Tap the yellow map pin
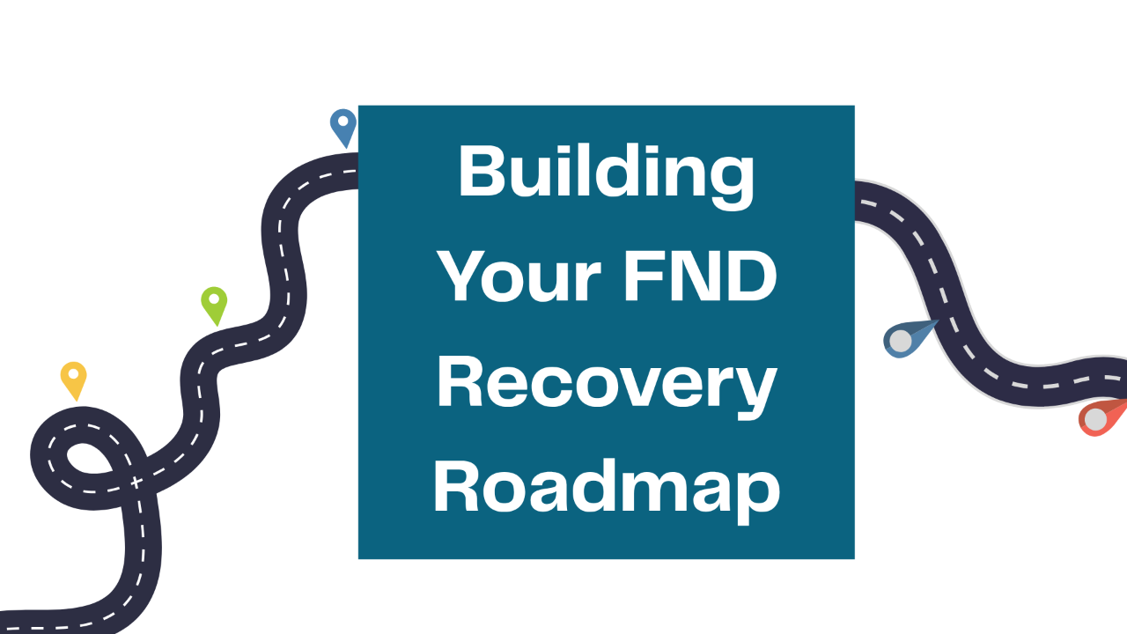pyautogui.click(x=74, y=380)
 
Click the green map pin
pyautogui.click(x=214, y=305)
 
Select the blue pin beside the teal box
pyautogui.click(x=343, y=127)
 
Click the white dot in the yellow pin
pyautogui.click(x=74, y=374)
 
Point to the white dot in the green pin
pyautogui.click(x=214, y=299)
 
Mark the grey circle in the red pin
pyautogui.click(x=1095, y=420)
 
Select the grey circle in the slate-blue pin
pyautogui.click(x=901, y=341)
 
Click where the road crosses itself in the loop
pyautogui.click(x=135, y=482)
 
